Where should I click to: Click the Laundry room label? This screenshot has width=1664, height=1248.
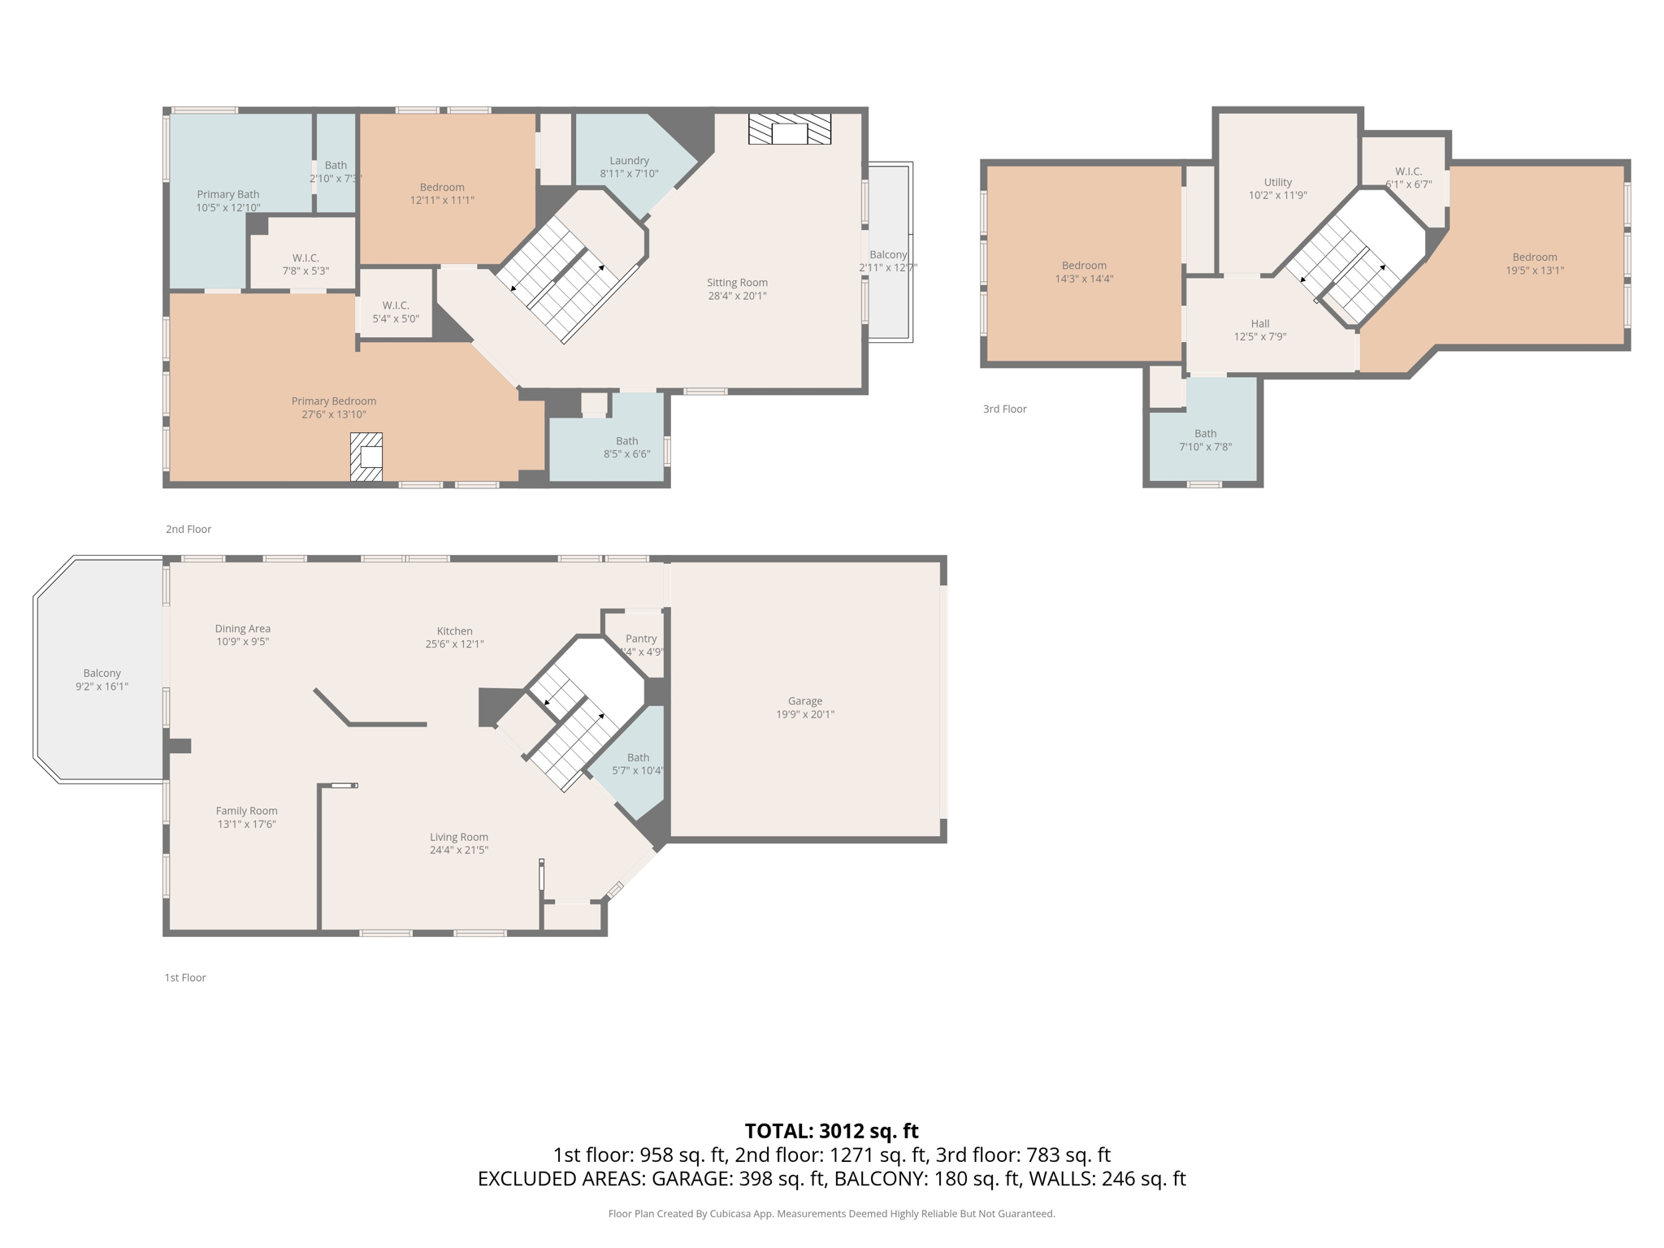629,161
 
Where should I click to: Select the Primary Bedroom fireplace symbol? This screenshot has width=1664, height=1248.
366,457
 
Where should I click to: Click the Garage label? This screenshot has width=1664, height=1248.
804,701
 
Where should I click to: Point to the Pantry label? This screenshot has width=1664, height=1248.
641,639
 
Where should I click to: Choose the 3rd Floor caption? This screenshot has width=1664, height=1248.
1004,409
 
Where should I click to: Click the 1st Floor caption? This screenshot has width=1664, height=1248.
185,977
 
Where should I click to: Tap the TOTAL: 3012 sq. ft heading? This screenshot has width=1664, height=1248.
831,1131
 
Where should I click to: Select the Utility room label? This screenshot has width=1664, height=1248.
1277,182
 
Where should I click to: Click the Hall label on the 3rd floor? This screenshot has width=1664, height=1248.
1260,323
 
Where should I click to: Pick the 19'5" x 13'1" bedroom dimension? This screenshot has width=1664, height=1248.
1534,271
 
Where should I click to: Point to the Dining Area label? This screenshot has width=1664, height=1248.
242,628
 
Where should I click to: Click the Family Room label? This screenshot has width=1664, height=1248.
246,811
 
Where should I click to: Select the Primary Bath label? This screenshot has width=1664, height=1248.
227,194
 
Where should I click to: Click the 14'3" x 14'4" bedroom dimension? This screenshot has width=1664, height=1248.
1084,279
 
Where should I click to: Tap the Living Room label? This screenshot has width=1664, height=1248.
458,837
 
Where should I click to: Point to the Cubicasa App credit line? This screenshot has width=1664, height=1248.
831,1214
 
